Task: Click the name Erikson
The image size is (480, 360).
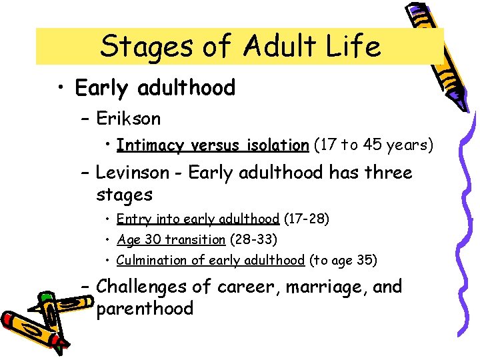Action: point(129,119)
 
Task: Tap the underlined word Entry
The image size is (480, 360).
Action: point(131,219)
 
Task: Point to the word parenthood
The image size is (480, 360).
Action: point(145,309)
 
